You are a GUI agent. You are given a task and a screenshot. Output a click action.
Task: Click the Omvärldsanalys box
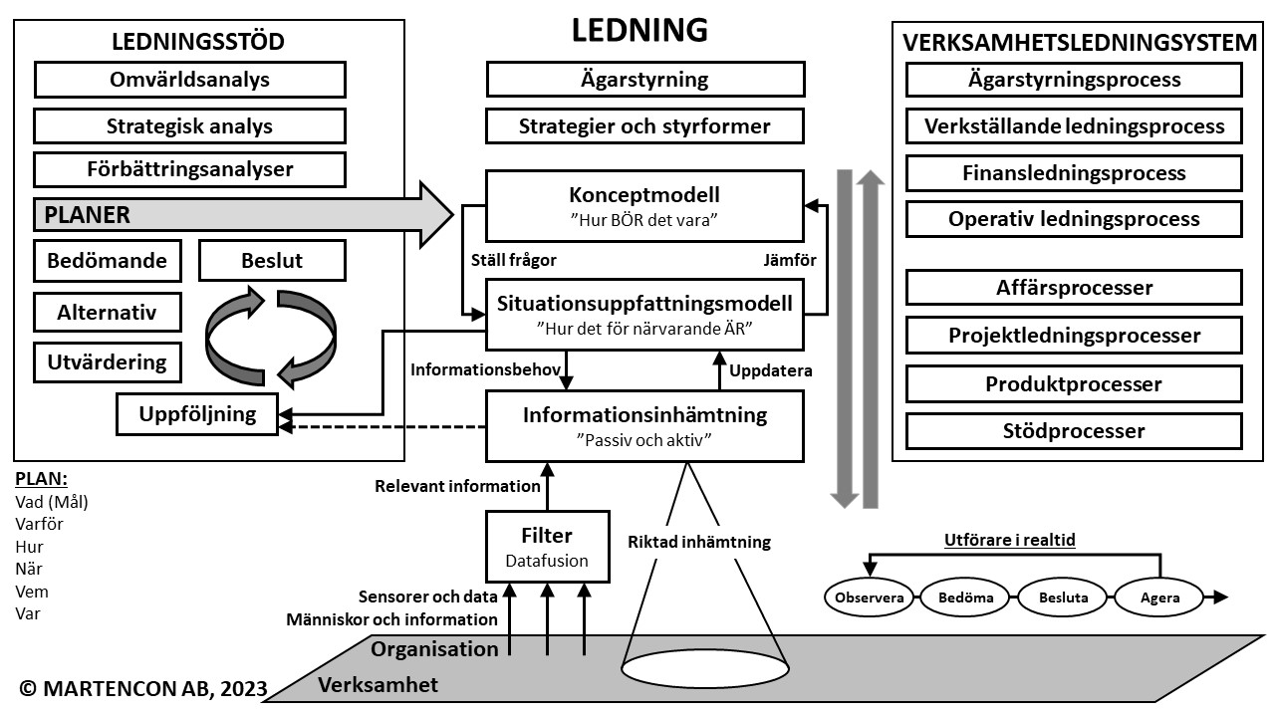tap(189, 80)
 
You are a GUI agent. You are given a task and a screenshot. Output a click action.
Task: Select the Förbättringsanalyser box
tap(189, 169)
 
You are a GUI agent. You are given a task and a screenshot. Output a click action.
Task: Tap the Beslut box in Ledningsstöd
tap(272, 261)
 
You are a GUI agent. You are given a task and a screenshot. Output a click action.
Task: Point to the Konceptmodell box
tap(644, 203)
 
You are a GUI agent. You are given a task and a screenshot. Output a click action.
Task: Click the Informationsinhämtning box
tap(644, 425)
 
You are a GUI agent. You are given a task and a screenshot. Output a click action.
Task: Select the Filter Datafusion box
tap(547, 547)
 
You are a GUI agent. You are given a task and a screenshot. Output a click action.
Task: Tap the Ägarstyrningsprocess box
tap(1074, 80)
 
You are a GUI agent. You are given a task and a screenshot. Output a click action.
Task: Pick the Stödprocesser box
tap(1074, 431)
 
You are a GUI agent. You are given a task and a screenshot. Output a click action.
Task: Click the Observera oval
tap(870, 597)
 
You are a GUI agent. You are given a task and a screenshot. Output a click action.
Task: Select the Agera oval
tap(1160, 597)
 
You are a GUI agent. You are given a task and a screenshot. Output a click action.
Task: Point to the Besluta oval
tap(1063, 597)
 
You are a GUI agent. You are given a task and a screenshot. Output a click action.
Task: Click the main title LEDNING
tap(639, 30)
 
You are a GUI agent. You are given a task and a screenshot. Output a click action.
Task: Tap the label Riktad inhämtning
tap(699, 542)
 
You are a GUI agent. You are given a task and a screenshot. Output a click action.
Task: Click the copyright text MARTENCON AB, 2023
tap(143, 688)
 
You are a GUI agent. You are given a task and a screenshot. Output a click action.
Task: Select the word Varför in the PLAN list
tap(40, 524)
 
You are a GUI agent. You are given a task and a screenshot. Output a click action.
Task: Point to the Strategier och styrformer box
tap(644, 126)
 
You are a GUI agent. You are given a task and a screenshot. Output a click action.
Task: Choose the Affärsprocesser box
tap(1074, 288)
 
